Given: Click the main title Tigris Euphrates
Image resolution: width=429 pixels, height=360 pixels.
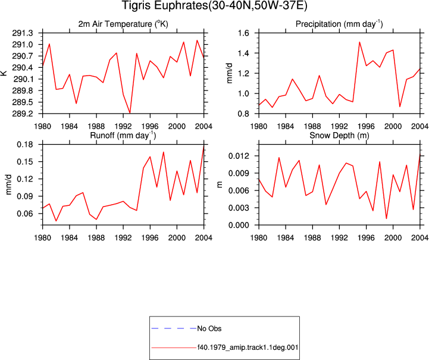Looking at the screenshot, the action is (x=164, y=6).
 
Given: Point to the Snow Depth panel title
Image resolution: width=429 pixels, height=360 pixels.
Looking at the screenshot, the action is (x=339, y=136).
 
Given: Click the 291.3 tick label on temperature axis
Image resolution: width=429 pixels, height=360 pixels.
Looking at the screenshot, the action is (x=23, y=33).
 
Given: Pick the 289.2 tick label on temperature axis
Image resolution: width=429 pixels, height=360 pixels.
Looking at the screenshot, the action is (x=23, y=114).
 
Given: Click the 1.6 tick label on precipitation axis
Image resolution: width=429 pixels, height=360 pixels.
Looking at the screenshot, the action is (x=243, y=33).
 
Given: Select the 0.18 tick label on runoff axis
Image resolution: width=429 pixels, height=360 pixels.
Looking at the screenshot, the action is (x=25, y=145).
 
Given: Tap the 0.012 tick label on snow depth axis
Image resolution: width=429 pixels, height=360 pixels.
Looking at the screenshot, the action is (x=239, y=156).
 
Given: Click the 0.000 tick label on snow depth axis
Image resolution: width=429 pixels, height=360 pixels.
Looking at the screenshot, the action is (x=239, y=225).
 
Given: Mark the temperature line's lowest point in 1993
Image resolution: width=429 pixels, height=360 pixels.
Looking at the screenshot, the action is (x=130, y=112).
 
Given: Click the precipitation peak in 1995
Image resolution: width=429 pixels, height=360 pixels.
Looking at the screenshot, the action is (x=359, y=42).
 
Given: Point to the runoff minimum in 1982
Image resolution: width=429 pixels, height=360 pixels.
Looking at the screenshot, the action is (x=56, y=221).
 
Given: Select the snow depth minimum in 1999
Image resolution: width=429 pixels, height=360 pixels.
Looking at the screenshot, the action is (x=386, y=218).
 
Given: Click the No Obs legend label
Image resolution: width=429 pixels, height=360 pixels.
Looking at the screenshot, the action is (x=209, y=328).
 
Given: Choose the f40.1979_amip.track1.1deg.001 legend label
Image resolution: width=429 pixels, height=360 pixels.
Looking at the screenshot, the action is (x=248, y=348).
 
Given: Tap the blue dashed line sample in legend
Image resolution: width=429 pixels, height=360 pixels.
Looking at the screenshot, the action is (x=174, y=328).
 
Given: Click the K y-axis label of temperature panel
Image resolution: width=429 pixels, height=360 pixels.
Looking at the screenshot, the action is (x=4, y=73).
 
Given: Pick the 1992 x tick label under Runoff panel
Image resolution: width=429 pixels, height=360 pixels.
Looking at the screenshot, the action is (x=123, y=238).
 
